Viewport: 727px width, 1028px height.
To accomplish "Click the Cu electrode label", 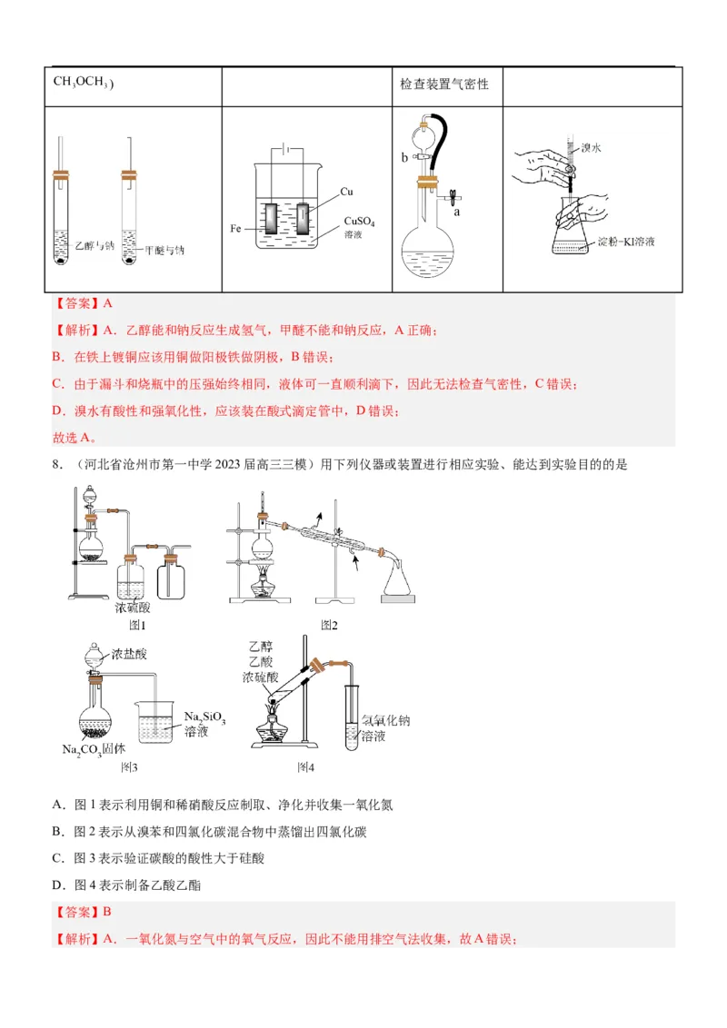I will coord(346,192).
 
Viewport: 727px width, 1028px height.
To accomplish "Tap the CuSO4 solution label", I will coord(359,227).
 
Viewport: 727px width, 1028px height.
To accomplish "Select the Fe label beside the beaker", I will coord(234,228).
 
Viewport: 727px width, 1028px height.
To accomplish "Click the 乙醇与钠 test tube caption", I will coord(95,246).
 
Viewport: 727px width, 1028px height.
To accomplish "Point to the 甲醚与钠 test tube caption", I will coord(170,249).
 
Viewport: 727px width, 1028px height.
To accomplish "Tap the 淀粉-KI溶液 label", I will coord(626,242).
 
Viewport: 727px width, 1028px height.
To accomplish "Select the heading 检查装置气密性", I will coord(444,84).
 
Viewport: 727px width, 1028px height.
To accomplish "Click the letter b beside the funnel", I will coord(405,157).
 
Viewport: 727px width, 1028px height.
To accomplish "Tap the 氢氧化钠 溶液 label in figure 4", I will coord(384,727).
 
